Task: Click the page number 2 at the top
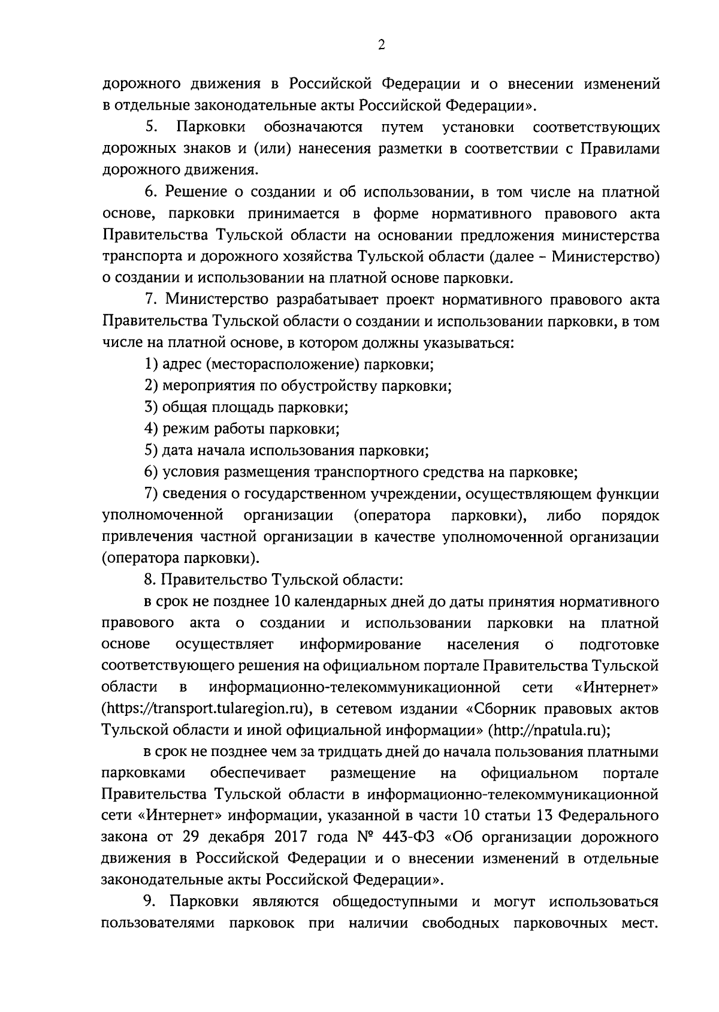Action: (x=381, y=46)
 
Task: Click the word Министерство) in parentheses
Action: (x=605, y=257)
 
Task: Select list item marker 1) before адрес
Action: (x=152, y=364)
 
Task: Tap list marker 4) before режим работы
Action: (x=152, y=429)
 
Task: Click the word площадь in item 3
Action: (x=243, y=408)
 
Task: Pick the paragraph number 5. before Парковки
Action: (x=151, y=128)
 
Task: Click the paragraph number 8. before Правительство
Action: (x=150, y=580)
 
